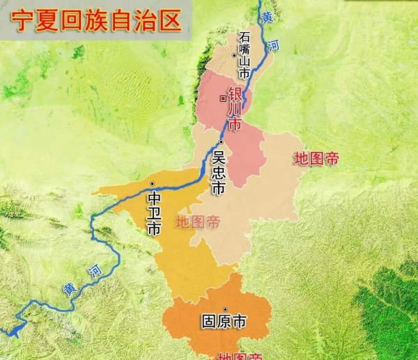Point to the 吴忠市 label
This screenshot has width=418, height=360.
click(x=219, y=173)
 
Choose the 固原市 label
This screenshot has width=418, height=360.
click(x=223, y=323)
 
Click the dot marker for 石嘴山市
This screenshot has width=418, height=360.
click(x=234, y=54)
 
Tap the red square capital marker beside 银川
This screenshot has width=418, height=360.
click(x=222, y=97)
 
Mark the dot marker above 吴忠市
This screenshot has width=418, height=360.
click(x=220, y=142)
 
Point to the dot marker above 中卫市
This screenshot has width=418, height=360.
click(x=152, y=183)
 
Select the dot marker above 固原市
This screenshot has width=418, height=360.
click(x=224, y=309)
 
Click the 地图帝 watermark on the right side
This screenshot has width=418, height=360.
click(x=316, y=158)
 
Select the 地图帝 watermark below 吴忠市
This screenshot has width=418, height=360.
click(x=198, y=223)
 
